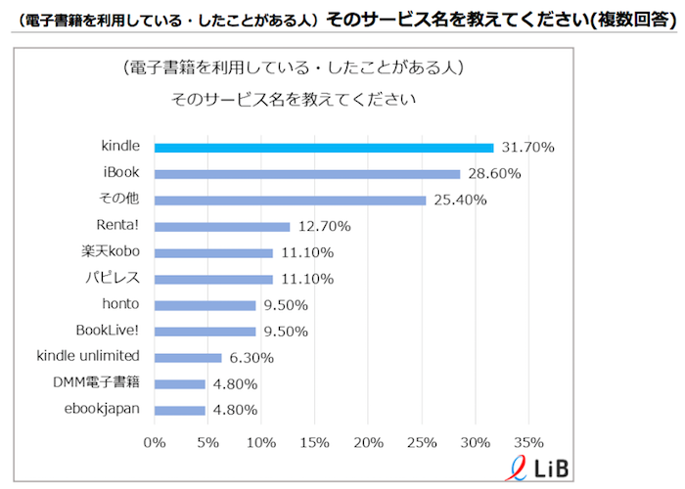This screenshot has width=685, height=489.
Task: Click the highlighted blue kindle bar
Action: click(324, 148)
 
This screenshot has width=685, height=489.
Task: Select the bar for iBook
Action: click(307, 174)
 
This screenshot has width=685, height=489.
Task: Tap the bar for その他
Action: click(290, 200)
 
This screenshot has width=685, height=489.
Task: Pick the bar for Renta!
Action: click(222, 227)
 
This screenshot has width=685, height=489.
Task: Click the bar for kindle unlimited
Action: click(188, 358)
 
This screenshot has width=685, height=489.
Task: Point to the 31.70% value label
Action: click(528, 148)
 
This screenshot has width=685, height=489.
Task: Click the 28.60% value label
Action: click(493, 174)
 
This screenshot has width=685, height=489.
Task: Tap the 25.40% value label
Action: click(459, 200)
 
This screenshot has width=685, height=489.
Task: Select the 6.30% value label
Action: click(251, 358)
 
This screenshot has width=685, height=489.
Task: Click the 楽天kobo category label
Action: click(110, 252)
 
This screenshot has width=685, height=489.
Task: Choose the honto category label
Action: click(120, 305)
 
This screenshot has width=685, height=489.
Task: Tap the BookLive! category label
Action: click(108, 331)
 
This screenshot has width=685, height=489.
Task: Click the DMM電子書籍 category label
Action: click(96, 383)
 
